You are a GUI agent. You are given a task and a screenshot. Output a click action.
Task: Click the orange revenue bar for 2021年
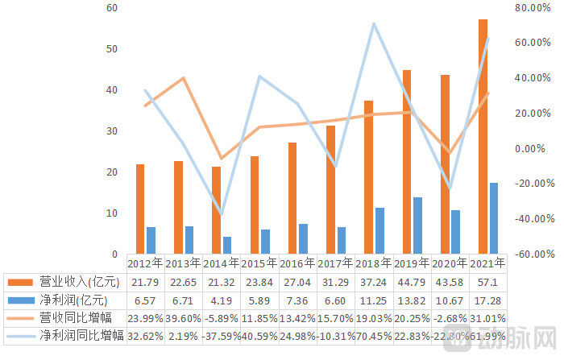point(483,137)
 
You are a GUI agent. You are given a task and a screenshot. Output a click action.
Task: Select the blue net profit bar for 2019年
point(417,226)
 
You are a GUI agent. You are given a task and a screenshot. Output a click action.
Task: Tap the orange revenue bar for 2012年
point(140,209)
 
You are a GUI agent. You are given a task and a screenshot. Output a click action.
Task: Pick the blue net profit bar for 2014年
point(227,246)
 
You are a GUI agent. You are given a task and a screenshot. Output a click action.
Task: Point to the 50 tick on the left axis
point(112,49)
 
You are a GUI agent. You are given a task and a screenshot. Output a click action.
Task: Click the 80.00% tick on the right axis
point(533,7)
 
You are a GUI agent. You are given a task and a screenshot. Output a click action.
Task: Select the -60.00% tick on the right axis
point(535,254)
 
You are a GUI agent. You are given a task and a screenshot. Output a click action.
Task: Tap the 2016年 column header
point(297,263)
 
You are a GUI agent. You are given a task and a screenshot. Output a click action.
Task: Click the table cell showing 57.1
point(487,283)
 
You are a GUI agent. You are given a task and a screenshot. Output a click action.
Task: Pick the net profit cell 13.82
point(412,300)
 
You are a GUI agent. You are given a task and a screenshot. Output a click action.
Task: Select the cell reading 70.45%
point(374,337)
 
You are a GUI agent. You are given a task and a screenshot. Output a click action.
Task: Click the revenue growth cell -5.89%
point(222,319)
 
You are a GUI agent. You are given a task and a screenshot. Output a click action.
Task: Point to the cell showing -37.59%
point(222,337)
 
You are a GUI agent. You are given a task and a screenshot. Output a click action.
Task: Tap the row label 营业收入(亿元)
point(80,282)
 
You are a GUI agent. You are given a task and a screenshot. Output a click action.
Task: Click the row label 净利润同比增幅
point(82,336)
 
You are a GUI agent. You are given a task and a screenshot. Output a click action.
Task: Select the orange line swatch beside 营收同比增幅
point(20,318)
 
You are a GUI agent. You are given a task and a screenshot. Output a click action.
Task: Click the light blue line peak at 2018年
point(374,24)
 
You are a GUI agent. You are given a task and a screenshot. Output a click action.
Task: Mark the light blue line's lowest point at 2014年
point(222,215)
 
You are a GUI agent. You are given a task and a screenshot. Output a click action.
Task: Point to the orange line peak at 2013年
point(183,77)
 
